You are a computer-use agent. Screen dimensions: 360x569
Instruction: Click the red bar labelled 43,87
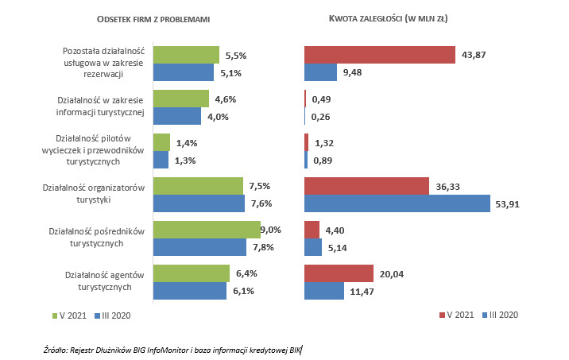pyautogui.click(x=379, y=54)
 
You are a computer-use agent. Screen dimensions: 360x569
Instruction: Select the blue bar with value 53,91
pyautogui.click(x=397, y=203)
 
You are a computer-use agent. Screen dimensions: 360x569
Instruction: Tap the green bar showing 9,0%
pyautogui.click(x=207, y=230)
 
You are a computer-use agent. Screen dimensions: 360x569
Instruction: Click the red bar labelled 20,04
pyautogui.click(x=339, y=273)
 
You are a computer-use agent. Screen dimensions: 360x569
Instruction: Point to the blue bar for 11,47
pyautogui.click(x=324, y=291)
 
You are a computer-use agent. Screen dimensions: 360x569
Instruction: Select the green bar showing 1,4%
pyautogui.click(x=161, y=141)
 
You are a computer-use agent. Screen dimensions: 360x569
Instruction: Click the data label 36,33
pyautogui.click(x=448, y=186)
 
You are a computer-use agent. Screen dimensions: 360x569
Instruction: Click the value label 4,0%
pyautogui.click(x=218, y=118)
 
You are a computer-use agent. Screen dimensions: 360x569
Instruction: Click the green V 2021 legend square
pyautogui.click(x=56, y=315)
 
